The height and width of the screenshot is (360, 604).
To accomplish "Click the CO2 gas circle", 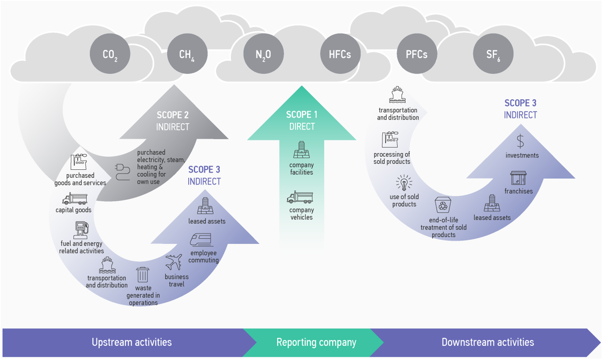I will point(110,54).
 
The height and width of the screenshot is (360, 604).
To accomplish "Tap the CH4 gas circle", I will point(187,54).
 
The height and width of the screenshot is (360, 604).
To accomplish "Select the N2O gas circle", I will point(263,54).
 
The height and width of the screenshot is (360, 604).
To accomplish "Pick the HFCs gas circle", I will point(340,54).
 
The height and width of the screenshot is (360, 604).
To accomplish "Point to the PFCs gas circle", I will point(417,54).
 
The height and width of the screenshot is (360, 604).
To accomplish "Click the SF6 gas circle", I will point(493,54).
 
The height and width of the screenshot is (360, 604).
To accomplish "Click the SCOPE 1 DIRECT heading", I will point(302,120).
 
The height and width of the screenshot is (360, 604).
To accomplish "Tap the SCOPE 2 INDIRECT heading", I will point(173,121).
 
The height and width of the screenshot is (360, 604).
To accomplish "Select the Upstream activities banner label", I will point(131,342).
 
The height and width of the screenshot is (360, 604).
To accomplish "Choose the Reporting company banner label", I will point(316,342).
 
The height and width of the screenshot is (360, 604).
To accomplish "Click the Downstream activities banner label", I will point(487,342).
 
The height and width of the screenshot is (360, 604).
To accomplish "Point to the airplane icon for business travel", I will point(174,262).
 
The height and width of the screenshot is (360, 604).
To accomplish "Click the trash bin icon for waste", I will point(142,275).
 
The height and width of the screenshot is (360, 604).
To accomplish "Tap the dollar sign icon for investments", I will point(520,141).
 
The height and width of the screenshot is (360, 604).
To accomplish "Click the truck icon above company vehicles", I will point(300,197).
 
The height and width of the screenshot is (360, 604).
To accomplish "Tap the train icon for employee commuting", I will point(202,240).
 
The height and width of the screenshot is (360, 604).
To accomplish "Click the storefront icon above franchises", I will point(518,178).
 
